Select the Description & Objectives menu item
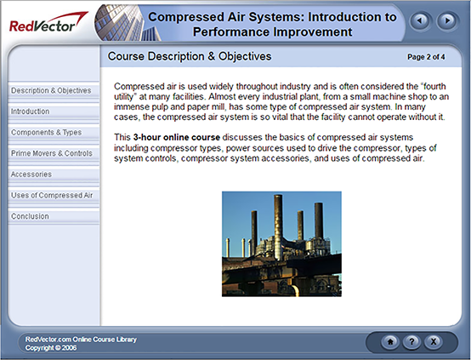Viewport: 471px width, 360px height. [x=51, y=90]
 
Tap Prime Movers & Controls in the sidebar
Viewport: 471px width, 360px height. [x=51, y=153]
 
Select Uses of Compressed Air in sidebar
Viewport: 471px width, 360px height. [x=52, y=196]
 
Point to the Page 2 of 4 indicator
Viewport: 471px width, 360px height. [x=433, y=57]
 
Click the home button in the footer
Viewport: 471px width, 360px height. [x=390, y=341]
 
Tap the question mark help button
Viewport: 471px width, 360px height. [x=411, y=341]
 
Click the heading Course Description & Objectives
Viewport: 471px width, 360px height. [x=190, y=57]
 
